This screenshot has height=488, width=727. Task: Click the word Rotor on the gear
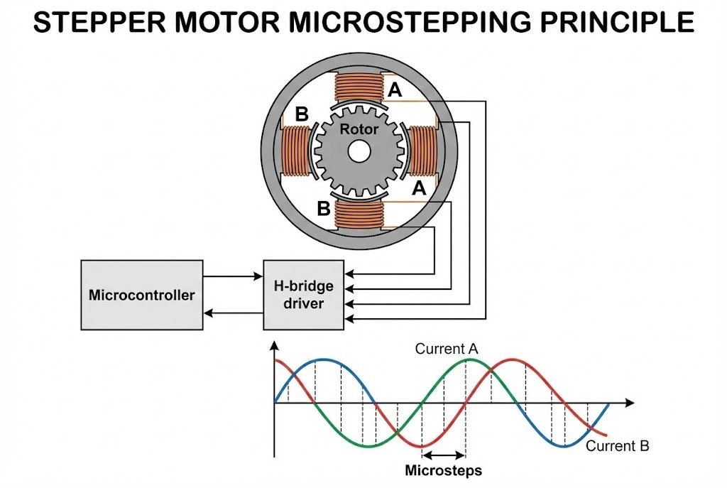(359, 130)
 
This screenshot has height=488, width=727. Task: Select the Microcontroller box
(141, 294)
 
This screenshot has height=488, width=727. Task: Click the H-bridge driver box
(303, 294)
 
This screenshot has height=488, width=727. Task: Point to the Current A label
(447, 349)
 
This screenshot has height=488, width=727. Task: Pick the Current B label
(617, 446)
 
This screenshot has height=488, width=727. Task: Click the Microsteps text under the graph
(443, 470)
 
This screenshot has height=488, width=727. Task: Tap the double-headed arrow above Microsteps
(444, 455)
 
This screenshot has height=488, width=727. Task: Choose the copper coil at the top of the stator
(359, 90)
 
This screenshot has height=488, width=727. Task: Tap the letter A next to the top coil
(395, 90)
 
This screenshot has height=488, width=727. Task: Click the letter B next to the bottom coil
(323, 210)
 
